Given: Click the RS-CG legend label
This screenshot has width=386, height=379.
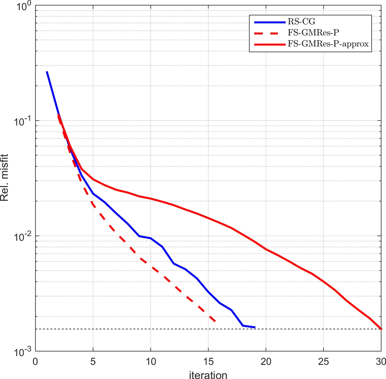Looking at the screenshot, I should [301, 22].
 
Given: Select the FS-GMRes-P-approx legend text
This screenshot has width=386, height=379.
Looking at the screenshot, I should [328, 44].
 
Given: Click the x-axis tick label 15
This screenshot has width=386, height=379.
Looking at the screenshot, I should [208, 362].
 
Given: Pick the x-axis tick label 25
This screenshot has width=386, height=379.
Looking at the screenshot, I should [324, 362].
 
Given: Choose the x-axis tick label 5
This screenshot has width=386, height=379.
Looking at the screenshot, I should [93, 362].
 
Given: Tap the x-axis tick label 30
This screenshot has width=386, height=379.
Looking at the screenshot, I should [381, 362].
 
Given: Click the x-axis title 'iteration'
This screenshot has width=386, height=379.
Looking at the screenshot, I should [208, 374].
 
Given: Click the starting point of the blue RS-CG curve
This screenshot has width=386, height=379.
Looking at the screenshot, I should [47, 72].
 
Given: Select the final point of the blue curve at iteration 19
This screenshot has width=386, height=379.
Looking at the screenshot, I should [254, 327].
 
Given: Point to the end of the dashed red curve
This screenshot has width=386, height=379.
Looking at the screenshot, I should [215, 321].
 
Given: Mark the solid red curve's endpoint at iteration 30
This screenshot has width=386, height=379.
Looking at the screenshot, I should [381, 329].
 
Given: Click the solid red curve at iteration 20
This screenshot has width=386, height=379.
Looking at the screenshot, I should [266, 249].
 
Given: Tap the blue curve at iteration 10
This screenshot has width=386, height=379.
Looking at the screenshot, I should [151, 238].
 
